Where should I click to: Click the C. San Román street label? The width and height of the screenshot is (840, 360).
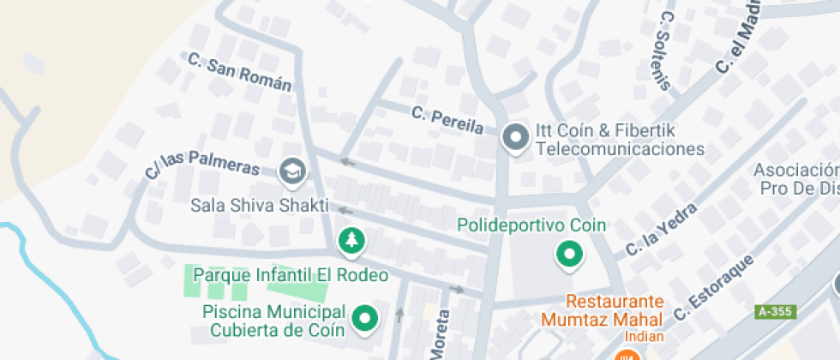pyautogui.click(x=239, y=74)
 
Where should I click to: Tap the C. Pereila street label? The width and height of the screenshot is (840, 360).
pyautogui.click(x=447, y=120)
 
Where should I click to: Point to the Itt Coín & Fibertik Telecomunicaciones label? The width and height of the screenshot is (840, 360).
pyautogui.click(x=619, y=140)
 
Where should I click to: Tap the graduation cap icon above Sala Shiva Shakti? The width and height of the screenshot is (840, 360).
pyautogui.click(x=293, y=171)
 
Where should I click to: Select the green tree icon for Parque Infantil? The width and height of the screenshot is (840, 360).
pyautogui.click(x=351, y=241)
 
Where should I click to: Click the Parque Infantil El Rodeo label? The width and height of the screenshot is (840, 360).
pyautogui.click(x=291, y=275)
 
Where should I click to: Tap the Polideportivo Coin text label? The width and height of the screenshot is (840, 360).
pyautogui.click(x=531, y=225)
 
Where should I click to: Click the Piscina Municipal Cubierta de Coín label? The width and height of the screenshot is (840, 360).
pyautogui.click(x=274, y=320)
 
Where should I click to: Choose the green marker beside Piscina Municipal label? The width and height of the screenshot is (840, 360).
pyautogui.click(x=367, y=319)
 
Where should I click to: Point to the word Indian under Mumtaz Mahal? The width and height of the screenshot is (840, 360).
pyautogui.click(x=643, y=337)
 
